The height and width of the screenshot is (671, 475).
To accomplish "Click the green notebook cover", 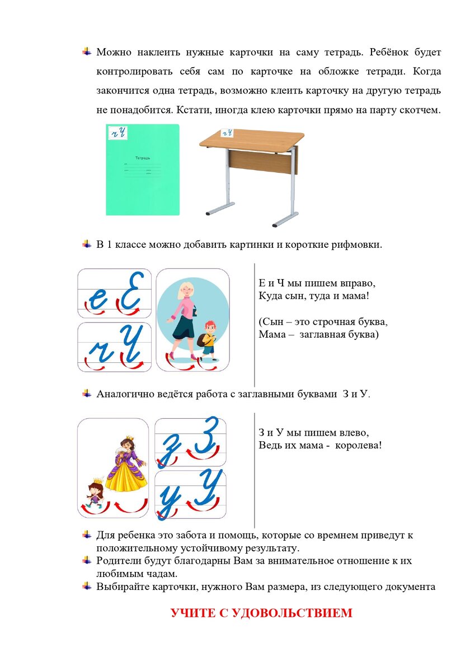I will tap(143, 179).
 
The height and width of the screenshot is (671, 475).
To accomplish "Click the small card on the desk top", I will tap(227, 133).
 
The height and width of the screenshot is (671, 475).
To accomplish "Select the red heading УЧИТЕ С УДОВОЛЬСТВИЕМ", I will tap(261, 613).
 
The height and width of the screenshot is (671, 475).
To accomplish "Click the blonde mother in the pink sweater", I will tap(185, 319).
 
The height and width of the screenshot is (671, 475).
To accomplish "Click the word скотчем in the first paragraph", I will tap(421, 110).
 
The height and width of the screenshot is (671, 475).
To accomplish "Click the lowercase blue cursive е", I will tap(98, 300).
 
